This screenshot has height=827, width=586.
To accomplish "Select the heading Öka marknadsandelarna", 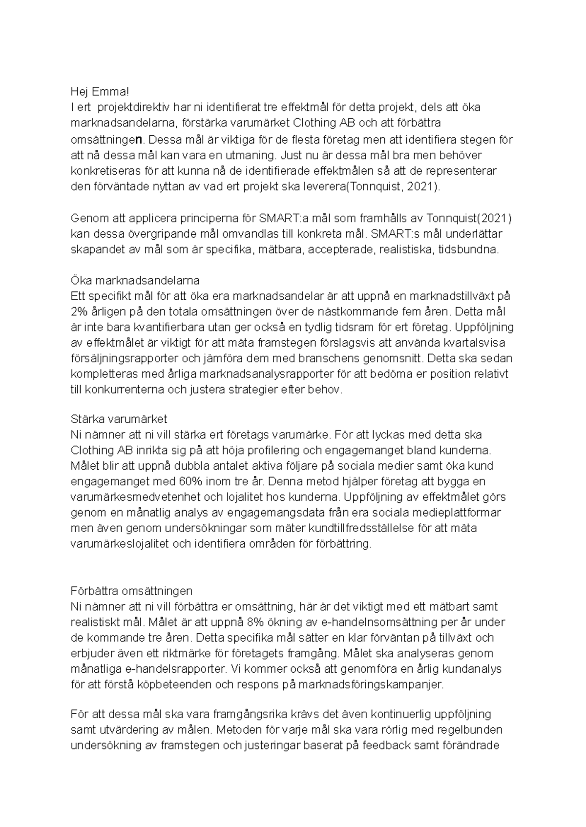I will click(135, 281).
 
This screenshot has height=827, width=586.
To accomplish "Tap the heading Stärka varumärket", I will click(119, 419).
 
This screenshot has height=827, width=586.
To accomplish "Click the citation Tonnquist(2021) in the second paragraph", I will click(470, 217).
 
